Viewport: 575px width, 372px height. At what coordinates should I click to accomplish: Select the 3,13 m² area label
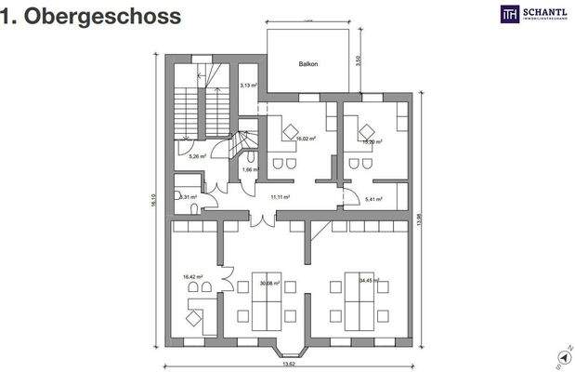pos(248,85)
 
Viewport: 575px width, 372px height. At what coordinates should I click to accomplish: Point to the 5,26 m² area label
pos(197,156)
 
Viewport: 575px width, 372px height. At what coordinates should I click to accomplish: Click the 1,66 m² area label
pos(248,169)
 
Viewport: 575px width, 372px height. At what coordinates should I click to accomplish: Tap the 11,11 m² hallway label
pos(280,197)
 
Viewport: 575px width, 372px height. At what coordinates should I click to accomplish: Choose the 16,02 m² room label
pos(305,139)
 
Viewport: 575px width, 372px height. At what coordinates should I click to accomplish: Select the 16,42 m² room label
pos(193,276)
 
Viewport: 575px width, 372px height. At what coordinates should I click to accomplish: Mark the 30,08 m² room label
pos(272,284)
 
